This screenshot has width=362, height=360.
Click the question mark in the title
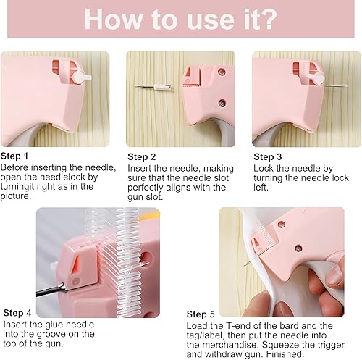[267, 19]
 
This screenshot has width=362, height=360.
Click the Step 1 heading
[14, 156]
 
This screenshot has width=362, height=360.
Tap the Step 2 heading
[142, 157]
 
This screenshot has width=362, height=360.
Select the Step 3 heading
[268, 157]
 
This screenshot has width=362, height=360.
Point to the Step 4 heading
[17, 313]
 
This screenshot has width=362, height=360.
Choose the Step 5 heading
[201, 314]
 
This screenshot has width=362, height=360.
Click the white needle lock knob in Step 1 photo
[82, 78]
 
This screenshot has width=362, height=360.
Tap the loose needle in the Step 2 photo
[153, 87]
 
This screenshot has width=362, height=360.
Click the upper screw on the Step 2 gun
[222, 72]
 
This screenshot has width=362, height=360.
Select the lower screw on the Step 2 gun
[222, 104]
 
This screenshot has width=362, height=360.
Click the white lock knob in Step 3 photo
[316, 79]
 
